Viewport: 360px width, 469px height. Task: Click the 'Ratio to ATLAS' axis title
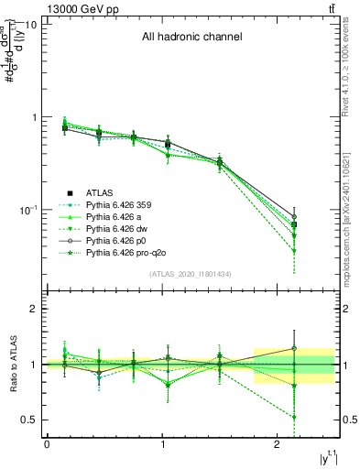point(13,364)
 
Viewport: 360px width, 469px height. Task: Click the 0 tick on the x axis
point(47,444)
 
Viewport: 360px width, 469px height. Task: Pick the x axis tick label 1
point(161,444)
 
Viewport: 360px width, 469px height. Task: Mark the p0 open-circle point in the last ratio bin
point(294,348)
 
